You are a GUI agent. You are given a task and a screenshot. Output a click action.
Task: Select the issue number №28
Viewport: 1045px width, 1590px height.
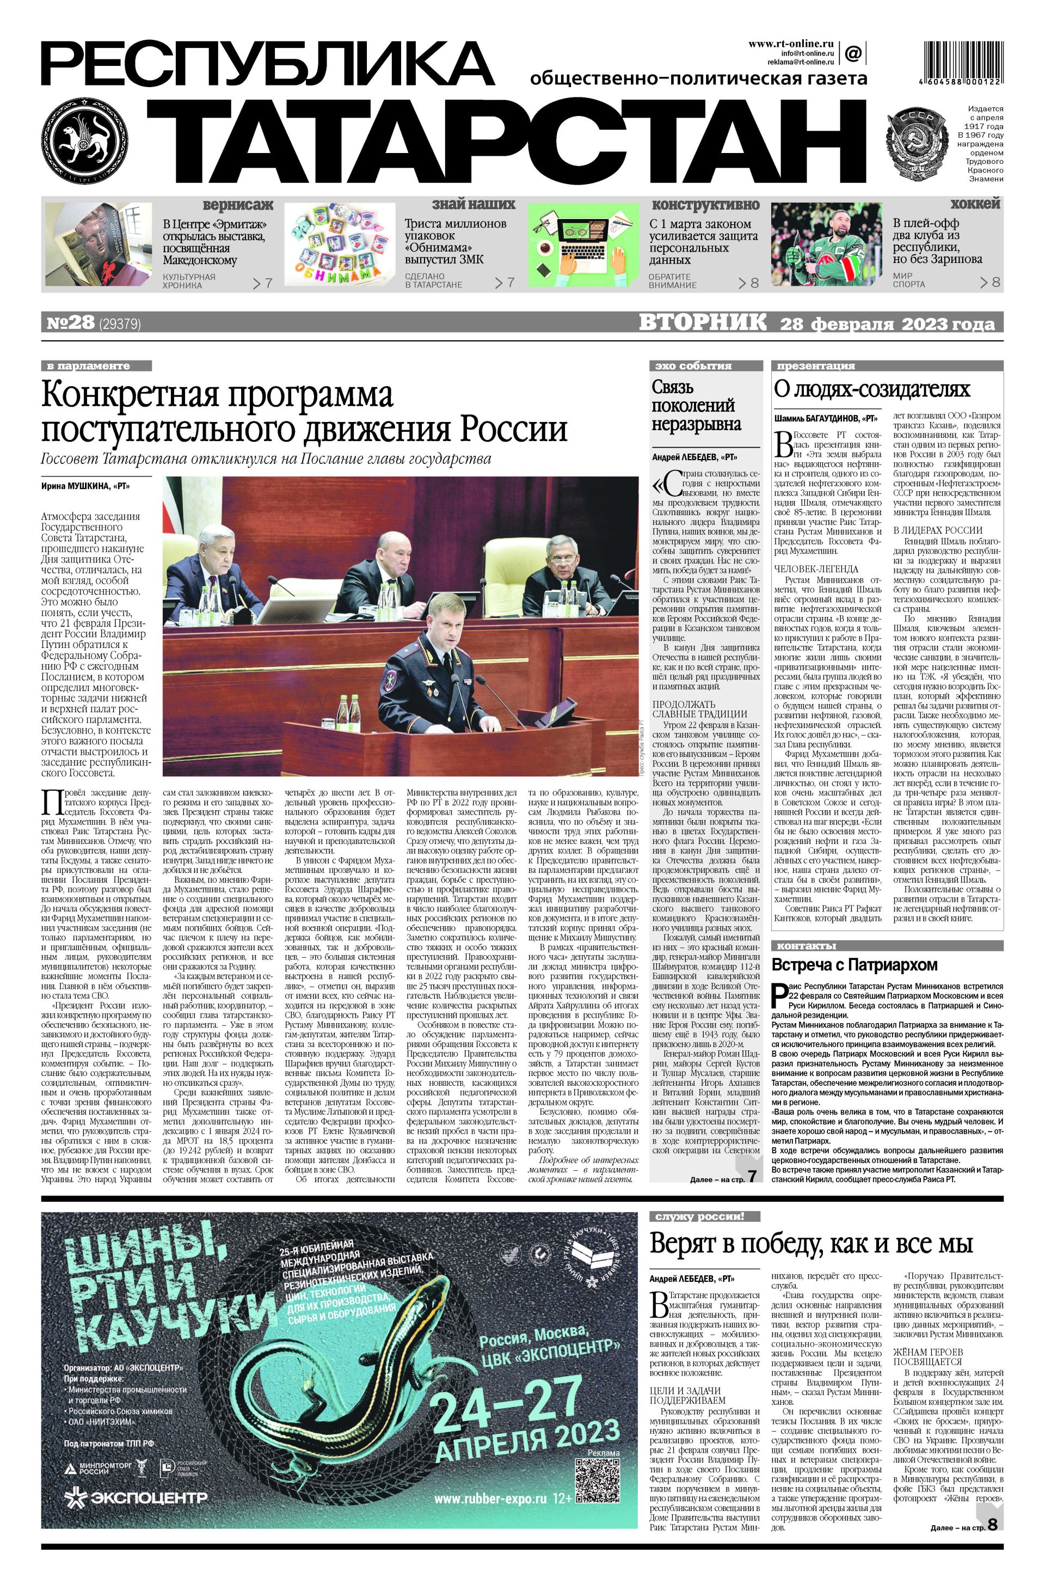70,323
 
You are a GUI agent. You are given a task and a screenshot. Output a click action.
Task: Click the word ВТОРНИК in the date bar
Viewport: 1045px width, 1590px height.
703,323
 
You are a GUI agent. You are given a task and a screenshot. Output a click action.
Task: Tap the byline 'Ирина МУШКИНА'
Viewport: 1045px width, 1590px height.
85,486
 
